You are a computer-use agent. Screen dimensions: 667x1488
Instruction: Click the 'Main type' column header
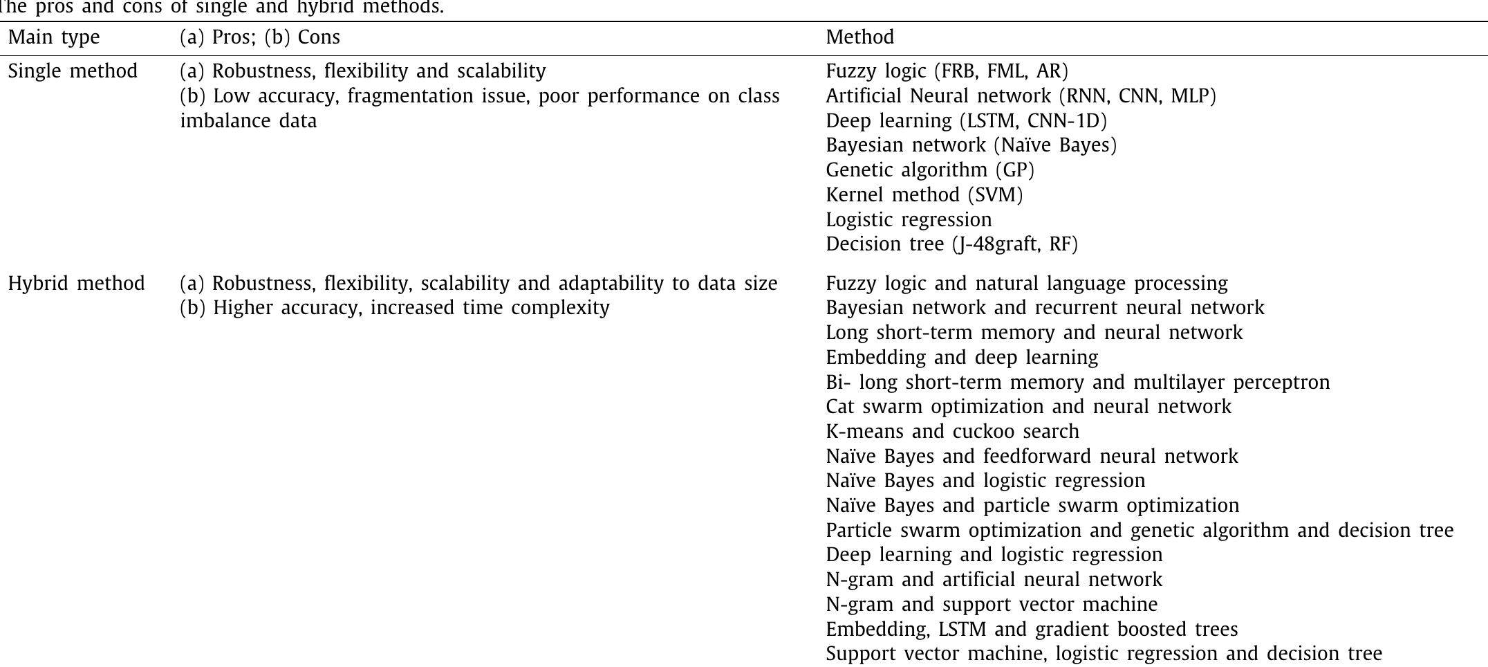click(x=54, y=37)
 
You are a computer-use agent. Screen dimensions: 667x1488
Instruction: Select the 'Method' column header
click(x=859, y=37)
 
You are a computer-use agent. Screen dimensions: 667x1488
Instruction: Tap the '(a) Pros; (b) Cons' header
click(x=260, y=37)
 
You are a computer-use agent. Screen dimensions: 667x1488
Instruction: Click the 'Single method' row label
click(x=73, y=71)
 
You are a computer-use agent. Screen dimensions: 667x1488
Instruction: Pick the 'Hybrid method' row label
click(x=76, y=284)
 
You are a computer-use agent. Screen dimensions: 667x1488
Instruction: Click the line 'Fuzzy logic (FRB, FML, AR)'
click(x=947, y=71)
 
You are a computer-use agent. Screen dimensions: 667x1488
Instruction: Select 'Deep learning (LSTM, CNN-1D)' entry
click(x=966, y=121)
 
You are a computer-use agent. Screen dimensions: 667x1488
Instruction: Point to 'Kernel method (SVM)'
click(x=924, y=195)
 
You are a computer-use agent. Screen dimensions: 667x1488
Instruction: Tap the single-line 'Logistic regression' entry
click(x=909, y=220)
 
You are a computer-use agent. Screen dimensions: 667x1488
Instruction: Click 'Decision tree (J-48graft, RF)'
click(x=951, y=244)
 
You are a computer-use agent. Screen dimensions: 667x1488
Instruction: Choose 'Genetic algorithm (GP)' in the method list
click(x=930, y=170)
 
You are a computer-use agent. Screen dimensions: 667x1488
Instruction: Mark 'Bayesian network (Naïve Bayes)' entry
click(x=971, y=145)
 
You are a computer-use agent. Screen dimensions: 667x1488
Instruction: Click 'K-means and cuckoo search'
click(x=952, y=432)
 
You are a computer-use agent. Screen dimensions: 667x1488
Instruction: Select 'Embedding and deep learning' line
click(x=962, y=358)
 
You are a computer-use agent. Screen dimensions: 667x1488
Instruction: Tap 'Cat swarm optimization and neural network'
click(x=1028, y=407)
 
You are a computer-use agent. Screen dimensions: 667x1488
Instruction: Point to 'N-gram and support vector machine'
click(x=992, y=605)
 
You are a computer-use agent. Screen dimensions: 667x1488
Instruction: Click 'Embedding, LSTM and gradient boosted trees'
click(x=1032, y=630)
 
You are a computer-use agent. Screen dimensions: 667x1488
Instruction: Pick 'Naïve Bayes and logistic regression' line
click(x=985, y=481)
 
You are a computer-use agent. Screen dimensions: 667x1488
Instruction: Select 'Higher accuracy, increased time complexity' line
click(x=411, y=308)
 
